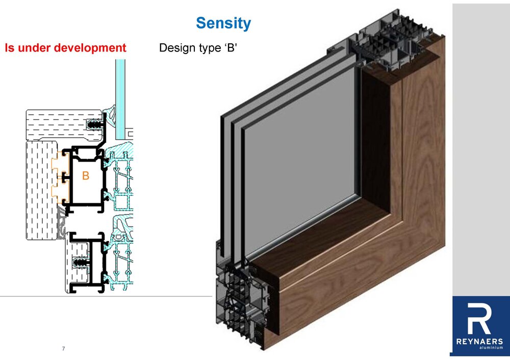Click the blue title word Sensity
(x=223, y=23)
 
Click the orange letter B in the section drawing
(x=86, y=175)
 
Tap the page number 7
(x=63, y=349)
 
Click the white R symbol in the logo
(x=479, y=319)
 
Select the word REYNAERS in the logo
(x=479, y=342)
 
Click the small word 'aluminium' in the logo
(x=491, y=347)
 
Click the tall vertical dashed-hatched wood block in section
(x=42, y=190)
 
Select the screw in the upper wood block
(x=95, y=124)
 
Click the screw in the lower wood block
(x=81, y=262)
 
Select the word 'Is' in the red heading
(x=9, y=48)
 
